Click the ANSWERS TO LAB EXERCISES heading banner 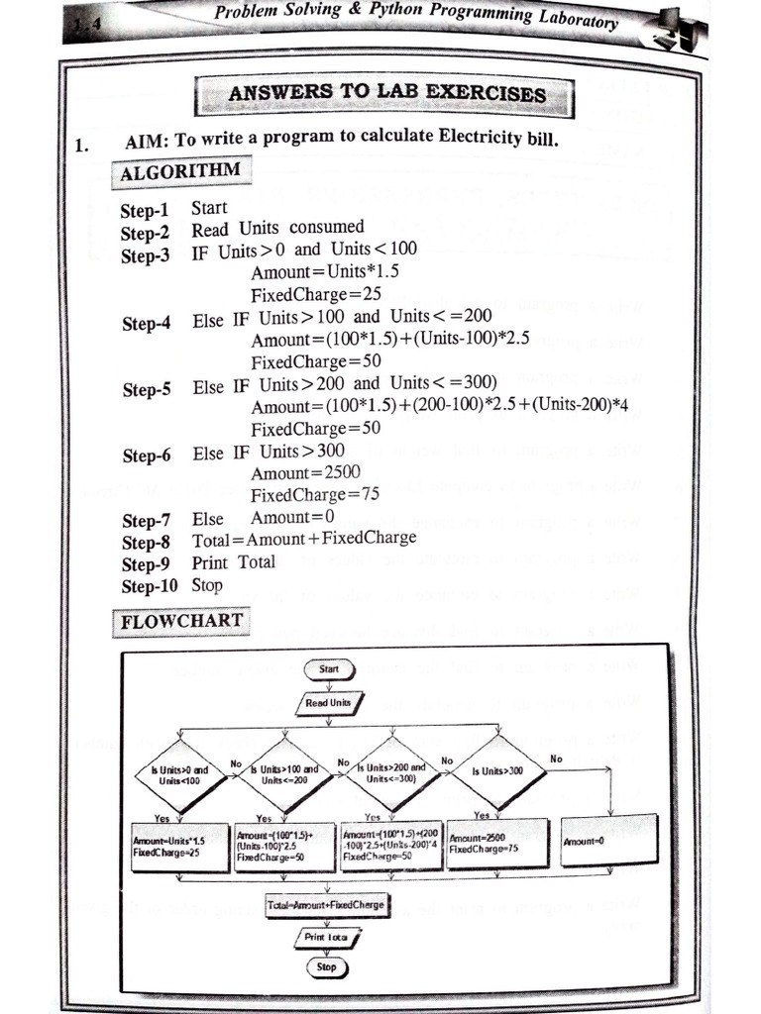pyautogui.click(x=386, y=94)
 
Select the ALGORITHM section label pyautogui.click(x=179, y=171)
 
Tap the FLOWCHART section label pyautogui.click(x=181, y=623)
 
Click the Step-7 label pyautogui.click(x=146, y=520)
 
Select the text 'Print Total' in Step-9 pyautogui.click(x=234, y=562)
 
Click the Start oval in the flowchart pyautogui.click(x=328, y=669)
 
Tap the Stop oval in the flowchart pyautogui.click(x=326, y=966)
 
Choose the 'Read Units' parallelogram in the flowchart pyautogui.click(x=328, y=703)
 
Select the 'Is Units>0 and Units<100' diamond pyautogui.click(x=180, y=774)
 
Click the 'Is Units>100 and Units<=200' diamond pyautogui.click(x=283, y=774)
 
